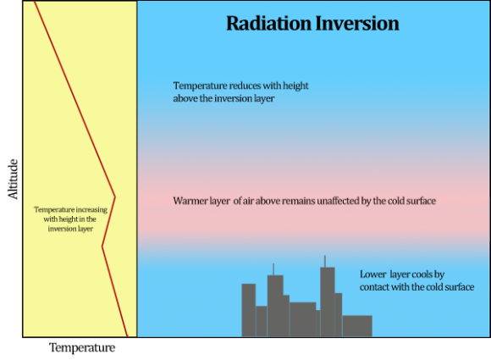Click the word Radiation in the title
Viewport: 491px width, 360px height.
267,23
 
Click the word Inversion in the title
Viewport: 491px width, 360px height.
355,23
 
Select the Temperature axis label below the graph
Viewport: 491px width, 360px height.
82,347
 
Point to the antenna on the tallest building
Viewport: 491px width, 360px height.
324,261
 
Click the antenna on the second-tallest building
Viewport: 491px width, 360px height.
273,269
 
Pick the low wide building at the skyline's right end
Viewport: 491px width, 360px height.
357,326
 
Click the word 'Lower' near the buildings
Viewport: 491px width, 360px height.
374,274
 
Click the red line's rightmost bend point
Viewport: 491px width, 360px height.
114,197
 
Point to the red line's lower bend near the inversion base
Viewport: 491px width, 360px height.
102,246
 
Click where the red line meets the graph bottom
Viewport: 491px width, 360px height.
127,336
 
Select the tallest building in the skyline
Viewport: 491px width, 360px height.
327,302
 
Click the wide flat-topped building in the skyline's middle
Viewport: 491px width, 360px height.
302,319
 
